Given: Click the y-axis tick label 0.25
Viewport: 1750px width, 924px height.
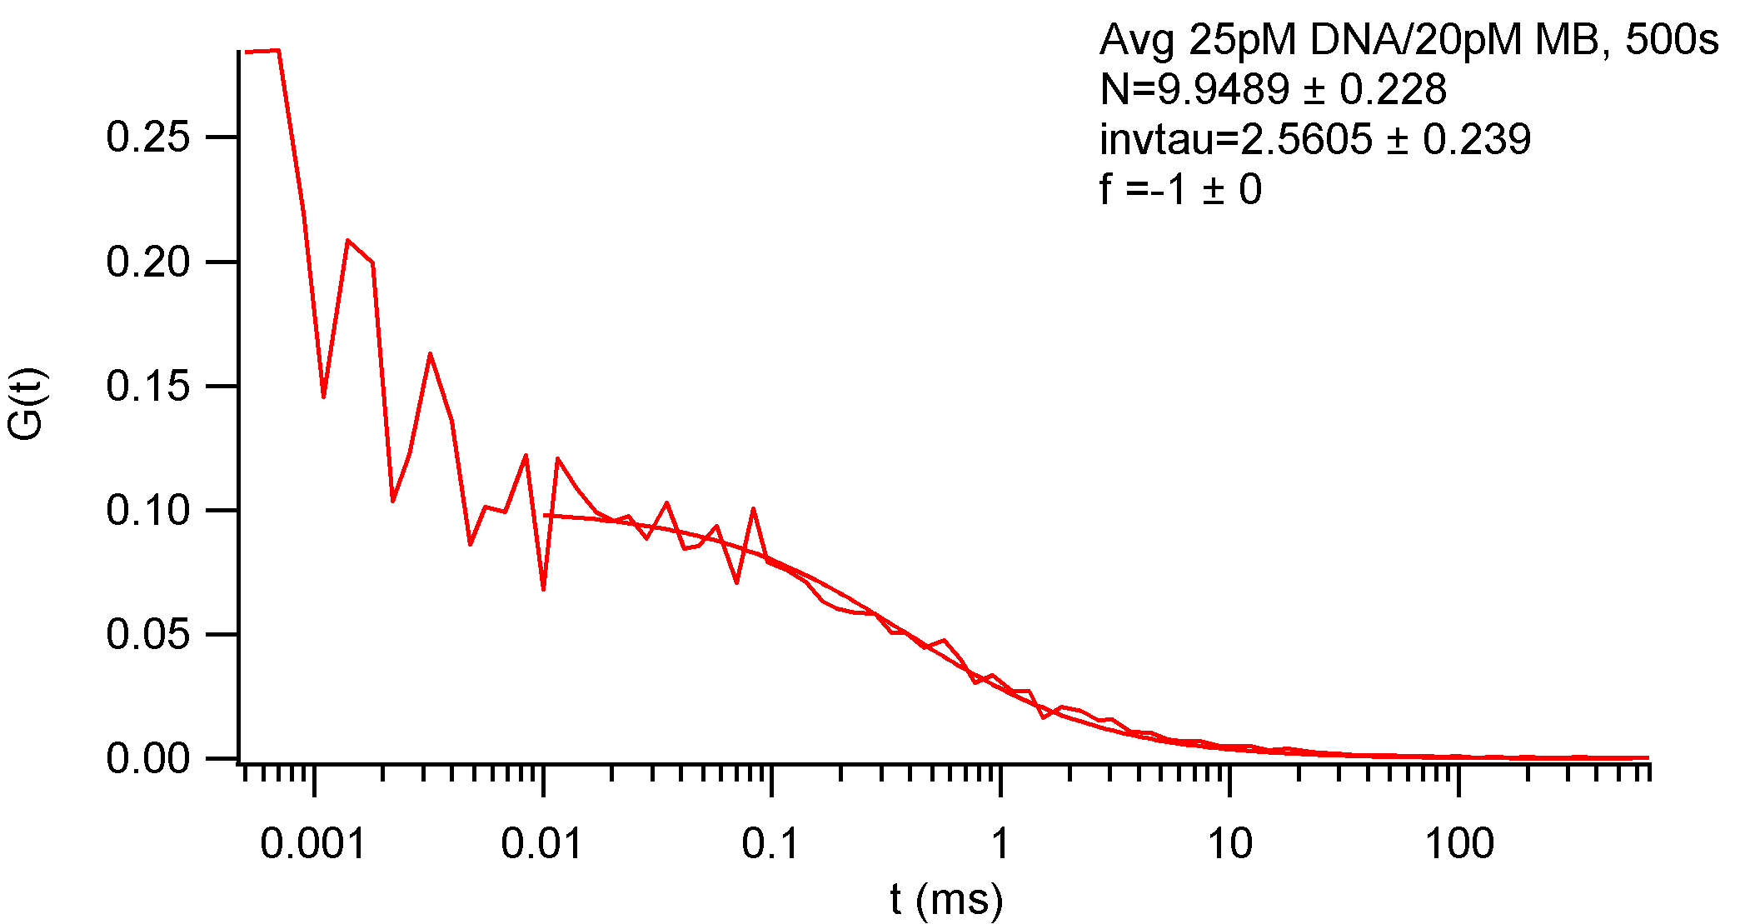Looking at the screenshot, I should tap(148, 137).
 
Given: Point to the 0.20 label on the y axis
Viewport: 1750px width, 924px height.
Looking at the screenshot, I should tap(148, 262).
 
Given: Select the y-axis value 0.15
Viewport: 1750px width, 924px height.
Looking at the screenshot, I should tap(148, 387).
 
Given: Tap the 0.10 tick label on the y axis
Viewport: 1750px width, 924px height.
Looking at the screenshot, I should tap(148, 510).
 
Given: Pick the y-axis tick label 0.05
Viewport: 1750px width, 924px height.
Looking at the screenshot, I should tap(148, 635).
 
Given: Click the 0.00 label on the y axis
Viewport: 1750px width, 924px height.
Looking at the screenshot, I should tap(148, 759).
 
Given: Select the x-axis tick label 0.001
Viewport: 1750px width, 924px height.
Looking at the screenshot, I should tap(313, 845).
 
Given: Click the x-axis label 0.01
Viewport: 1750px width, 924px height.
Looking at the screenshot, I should tap(542, 845).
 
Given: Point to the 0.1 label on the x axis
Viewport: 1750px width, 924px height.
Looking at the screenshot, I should tap(770, 845).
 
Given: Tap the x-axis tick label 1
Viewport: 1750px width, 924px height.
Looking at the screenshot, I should tap(1000, 845).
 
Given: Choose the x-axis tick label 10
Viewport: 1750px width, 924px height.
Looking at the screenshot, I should tap(1229, 845).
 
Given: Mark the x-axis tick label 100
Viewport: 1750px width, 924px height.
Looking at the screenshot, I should tap(1459, 845).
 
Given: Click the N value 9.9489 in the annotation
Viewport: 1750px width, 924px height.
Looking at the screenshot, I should tap(1224, 90).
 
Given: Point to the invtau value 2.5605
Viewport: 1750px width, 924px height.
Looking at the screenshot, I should tap(1306, 139).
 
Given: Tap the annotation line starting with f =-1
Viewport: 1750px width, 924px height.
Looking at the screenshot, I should tap(1180, 189).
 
